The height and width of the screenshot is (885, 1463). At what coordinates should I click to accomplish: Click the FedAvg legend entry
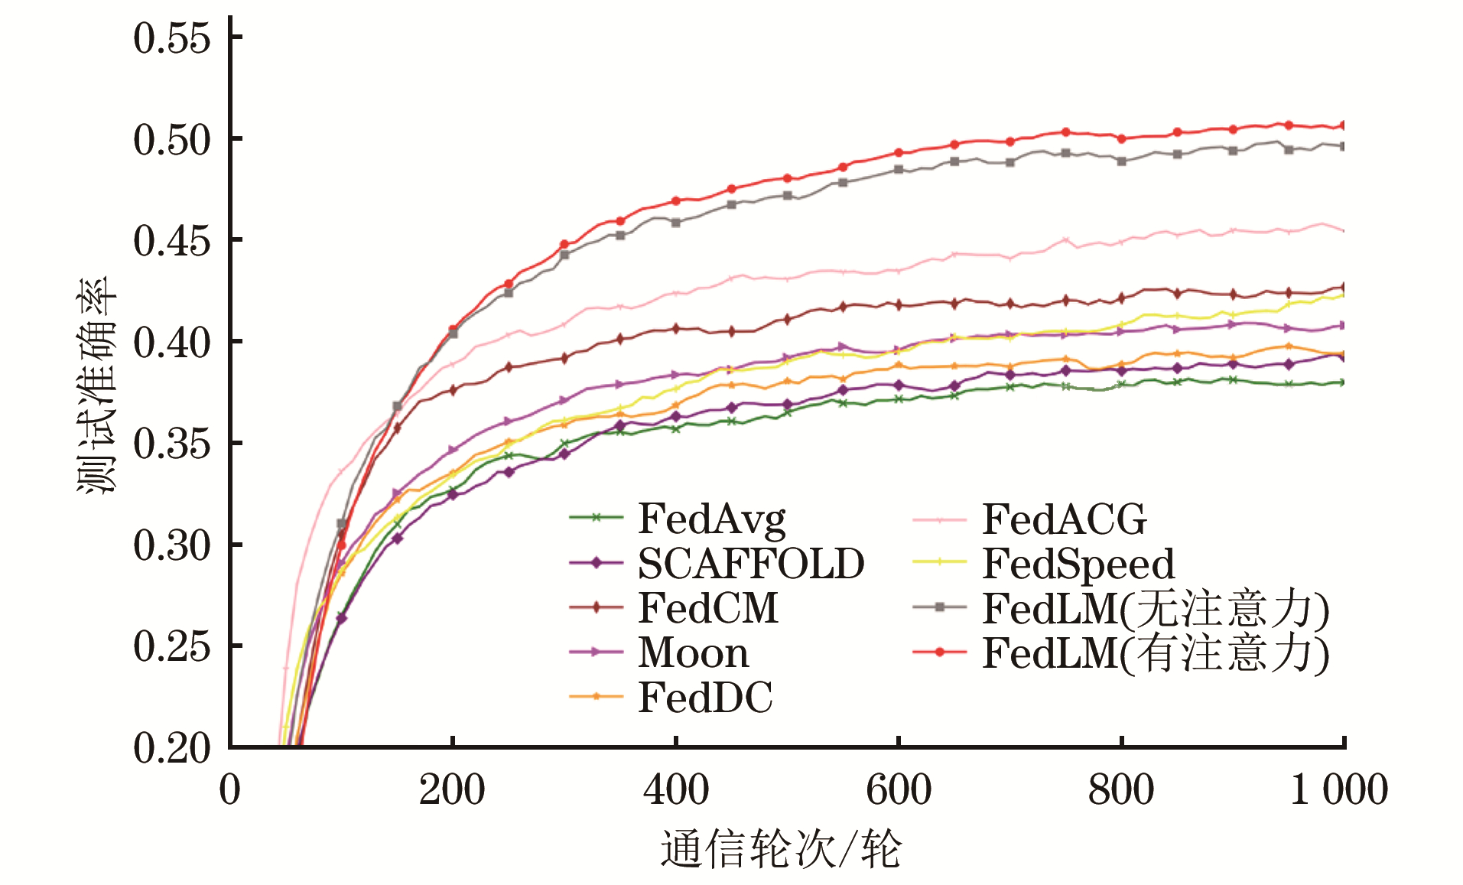[x=711, y=519]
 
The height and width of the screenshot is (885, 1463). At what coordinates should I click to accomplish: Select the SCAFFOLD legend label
[x=751, y=564]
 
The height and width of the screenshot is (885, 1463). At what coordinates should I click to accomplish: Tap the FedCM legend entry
[x=707, y=608]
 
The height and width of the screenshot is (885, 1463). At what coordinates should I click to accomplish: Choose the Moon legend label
[x=693, y=652]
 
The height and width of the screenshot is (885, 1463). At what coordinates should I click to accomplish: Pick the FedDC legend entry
[x=705, y=697]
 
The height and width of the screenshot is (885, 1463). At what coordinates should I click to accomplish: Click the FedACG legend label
[x=1064, y=519]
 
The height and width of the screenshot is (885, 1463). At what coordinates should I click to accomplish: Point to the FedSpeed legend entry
[x=1078, y=564]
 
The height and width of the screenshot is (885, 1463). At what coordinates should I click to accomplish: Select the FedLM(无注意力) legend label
[x=1156, y=609]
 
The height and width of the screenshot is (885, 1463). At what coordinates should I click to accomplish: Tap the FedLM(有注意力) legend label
[x=1156, y=653]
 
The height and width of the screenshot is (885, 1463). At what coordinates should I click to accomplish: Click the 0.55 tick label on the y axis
[x=171, y=38]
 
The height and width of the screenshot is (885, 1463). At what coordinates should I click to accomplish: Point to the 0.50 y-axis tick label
[x=171, y=140]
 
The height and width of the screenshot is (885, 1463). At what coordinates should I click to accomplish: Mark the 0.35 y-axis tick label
[x=171, y=444]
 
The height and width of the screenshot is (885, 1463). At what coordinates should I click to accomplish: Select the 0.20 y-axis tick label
[x=171, y=748]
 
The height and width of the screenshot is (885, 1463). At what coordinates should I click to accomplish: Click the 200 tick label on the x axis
[x=452, y=790]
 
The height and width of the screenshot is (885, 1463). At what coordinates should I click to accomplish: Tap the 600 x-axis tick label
[x=899, y=790]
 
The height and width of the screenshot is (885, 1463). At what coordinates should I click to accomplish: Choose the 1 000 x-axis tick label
[x=1338, y=790]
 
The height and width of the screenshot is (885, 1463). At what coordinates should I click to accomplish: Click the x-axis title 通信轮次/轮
[x=781, y=849]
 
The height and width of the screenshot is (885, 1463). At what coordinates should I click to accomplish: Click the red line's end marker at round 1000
[x=1343, y=125]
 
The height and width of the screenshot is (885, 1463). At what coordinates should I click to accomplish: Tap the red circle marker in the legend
[x=940, y=652]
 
